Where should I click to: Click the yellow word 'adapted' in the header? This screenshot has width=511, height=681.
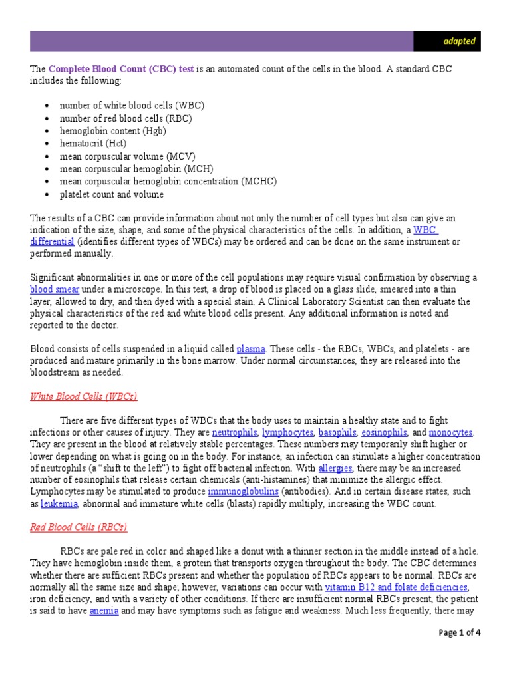click(459, 41)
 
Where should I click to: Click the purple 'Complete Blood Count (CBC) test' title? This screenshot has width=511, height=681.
click(121, 69)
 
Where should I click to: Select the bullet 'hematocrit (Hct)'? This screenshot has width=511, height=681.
click(92, 144)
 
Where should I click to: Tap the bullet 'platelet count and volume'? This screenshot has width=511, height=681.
click(111, 194)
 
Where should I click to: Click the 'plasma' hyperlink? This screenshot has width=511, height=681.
click(251, 348)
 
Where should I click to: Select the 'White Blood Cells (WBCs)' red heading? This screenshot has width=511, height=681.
click(83, 396)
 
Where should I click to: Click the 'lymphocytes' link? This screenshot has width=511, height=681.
click(287, 432)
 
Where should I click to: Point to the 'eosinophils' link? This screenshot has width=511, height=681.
click(384, 432)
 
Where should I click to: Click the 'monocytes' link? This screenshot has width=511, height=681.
click(450, 432)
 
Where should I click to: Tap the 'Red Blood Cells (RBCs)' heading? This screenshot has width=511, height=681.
click(78, 527)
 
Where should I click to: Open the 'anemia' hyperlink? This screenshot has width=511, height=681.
click(104, 611)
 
